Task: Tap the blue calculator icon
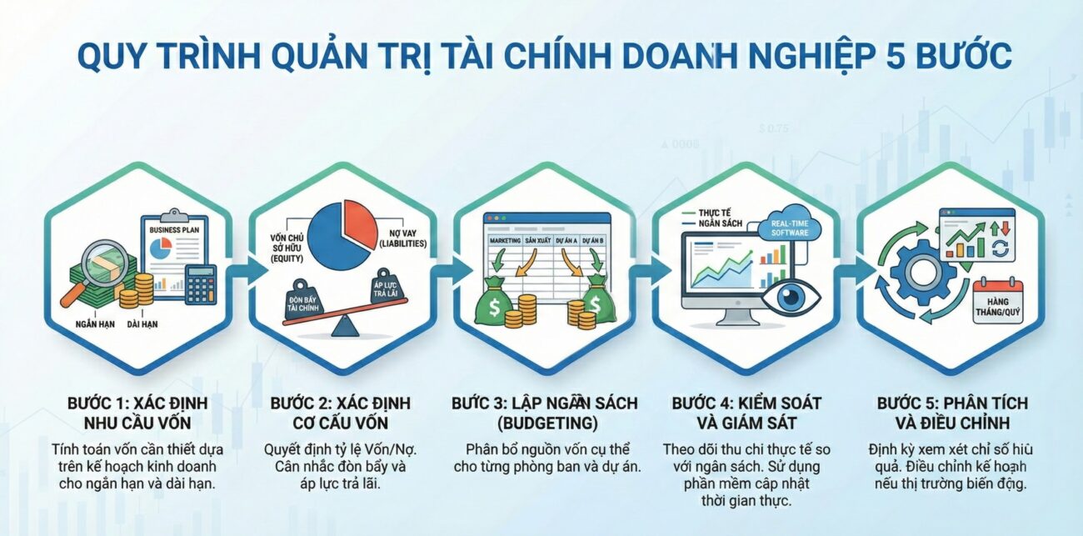201,283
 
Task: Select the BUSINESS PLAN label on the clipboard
177,228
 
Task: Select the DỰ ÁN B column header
592,239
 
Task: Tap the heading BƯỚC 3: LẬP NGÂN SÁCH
545,403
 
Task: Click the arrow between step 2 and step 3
442,269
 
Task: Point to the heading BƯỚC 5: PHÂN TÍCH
952,403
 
